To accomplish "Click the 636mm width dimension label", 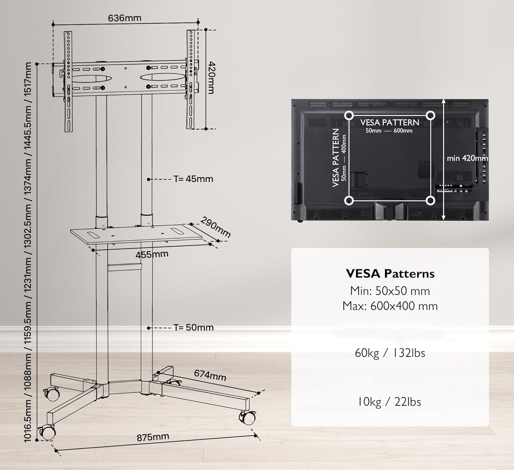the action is tap(124, 18).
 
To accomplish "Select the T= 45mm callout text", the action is tap(193, 179).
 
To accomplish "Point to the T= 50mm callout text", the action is tap(194, 327).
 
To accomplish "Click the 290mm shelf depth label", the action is tap(216, 227).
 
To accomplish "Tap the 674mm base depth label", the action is tap(210, 375).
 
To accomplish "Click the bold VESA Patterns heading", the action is tap(390, 274).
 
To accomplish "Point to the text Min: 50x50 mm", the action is tap(390, 291).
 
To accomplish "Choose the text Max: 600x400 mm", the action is tap(390, 306).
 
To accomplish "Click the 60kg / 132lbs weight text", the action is tap(390, 353).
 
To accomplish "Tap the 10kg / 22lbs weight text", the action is tap(389, 402).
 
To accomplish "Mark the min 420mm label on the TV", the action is tap(467, 158).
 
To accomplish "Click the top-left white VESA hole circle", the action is tap(349, 116).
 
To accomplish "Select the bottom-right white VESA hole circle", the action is tap(430, 201).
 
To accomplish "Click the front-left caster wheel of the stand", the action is tap(48, 433).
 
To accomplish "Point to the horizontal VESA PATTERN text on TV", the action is tap(390, 123).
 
